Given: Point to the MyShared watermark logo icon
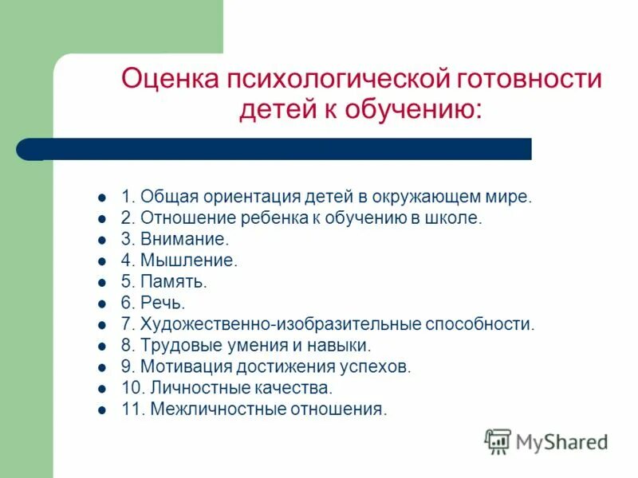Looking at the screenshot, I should pos(498,441).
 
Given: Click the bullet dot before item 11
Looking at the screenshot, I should pos(101,410).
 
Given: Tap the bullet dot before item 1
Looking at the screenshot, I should pos(101,196).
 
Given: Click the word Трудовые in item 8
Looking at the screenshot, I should pos(176,346).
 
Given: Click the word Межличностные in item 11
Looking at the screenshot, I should pos(210,410).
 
